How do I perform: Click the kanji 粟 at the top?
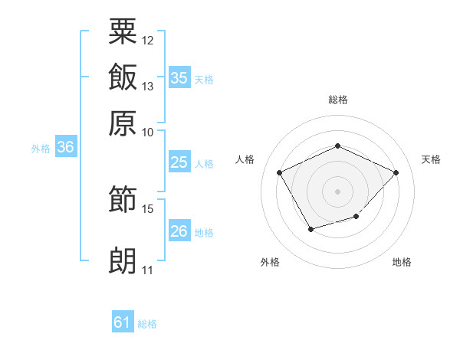click(x=123, y=31)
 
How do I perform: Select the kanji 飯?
click(x=123, y=77)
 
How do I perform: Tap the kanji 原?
click(x=123, y=123)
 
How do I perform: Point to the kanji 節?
click(x=123, y=198)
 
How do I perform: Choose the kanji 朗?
click(x=123, y=260)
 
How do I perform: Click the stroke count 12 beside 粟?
click(x=147, y=41)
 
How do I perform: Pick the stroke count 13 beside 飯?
click(x=147, y=87)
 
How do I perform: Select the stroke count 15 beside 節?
click(x=147, y=209)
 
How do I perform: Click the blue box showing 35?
click(x=179, y=77)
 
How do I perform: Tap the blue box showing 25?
click(x=179, y=162)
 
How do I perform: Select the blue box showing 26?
click(x=179, y=230)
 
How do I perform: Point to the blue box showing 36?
click(x=66, y=146)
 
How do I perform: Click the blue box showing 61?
click(x=123, y=321)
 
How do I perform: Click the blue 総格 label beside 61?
click(x=147, y=324)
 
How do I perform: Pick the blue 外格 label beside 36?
click(x=41, y=149)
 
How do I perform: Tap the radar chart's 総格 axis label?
click(x=338, y=100)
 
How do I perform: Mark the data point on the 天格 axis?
click(x=396, y=172)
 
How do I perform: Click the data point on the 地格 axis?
click(x=356, y=216)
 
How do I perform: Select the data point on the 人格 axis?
click(x=279, y=172)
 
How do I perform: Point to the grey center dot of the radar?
click(x=337, y=191)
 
